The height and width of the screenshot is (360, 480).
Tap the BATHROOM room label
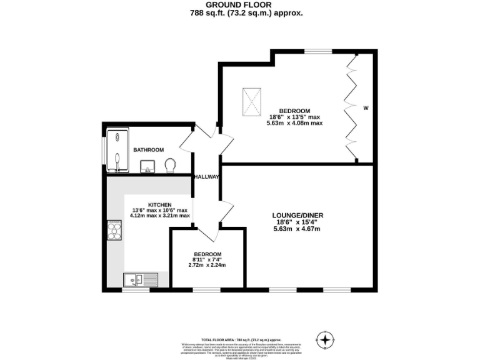pyautogui.click(x=149, y=150)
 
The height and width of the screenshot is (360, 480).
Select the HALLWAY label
pyautogui.click(x=206, y=177)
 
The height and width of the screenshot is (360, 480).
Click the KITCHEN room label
pyautogui.click(x=159, y=204)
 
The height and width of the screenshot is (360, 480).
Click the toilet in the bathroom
pyautogui.click(x=170, y=165)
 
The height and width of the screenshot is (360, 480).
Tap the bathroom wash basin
pyautogui.click(x=148, y=166)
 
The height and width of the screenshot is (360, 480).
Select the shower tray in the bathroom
pyautogui.click(x=117, y=151)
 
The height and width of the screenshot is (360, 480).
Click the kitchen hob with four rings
pyautogui.click(x=115, y=231)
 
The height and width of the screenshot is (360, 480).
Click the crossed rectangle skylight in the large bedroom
pyautogui.click(x=252, y=101)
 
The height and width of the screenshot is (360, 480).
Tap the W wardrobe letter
pyautogui.click(x=366, y=107)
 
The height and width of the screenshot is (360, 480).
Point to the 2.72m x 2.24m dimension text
pyautogui.click(x=206, y=265)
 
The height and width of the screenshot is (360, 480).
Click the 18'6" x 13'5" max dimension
pyautogui.click(x=294, y=116)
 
